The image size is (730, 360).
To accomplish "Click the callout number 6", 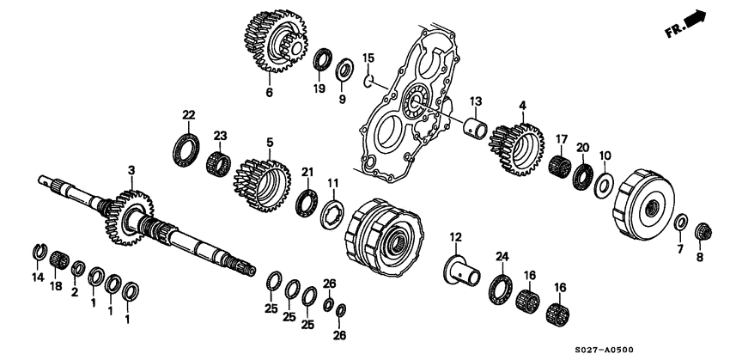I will (x=269, y=92).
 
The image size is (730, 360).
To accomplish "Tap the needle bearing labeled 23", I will (x=218, y=162).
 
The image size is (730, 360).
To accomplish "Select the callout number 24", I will (x=502, y=255).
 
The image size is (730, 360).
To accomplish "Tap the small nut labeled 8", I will (x=703, y=230).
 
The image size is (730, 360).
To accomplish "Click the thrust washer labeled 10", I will (x=602, y=185).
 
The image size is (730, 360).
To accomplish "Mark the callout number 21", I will (x=307, y=173).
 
